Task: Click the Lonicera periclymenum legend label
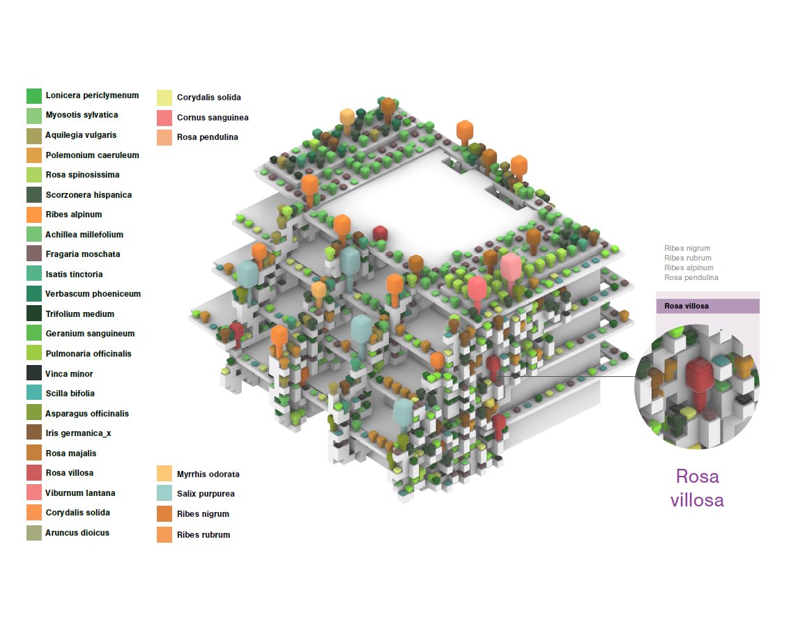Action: [92, 95]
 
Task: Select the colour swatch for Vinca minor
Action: [34, 373]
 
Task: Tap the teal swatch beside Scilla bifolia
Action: [34, 393]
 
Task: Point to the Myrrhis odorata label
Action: [208, 474]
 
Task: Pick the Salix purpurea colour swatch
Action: [164, 493]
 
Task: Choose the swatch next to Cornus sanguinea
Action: [164, 118]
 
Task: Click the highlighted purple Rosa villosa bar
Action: [708, 306]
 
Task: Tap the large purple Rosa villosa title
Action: [697, 488]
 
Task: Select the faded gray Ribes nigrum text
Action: [687, 248]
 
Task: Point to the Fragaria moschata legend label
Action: [83, 254]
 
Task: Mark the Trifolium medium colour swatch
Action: [34, 313]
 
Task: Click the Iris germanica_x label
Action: [78, 433]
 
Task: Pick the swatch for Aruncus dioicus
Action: [34, 532]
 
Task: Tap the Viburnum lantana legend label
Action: [80, 493]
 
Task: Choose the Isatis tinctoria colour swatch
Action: [34, 273]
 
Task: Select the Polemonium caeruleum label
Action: [92, 155]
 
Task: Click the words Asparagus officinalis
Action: [87, 413]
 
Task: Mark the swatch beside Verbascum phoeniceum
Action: [34, 293]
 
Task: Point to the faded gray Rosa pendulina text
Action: [691, 277]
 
